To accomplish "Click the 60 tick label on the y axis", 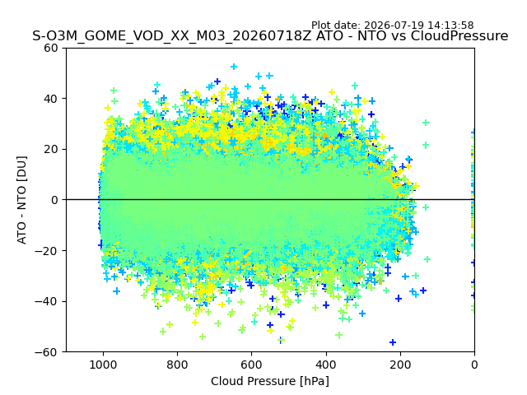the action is [51, 48].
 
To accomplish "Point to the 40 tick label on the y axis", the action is [51, 99].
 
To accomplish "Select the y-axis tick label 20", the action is [51, 150].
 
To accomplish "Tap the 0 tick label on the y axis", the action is [54, 200].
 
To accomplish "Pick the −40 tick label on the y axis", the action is [46, 302].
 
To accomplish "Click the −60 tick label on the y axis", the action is [46, 352].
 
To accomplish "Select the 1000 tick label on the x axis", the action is [103, 365].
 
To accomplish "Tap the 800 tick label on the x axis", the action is [178, 365].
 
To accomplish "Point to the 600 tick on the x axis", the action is [251, 365].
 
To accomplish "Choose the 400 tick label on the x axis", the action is [326, 365].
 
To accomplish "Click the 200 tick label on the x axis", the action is [400, 365].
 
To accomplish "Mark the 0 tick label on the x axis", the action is [474, 365].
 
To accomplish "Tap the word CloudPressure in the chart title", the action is [459, 36].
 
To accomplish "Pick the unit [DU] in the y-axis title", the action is [21, 168].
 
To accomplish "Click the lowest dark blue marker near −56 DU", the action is [393, 342].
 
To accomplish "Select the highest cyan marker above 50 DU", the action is [234, 67].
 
